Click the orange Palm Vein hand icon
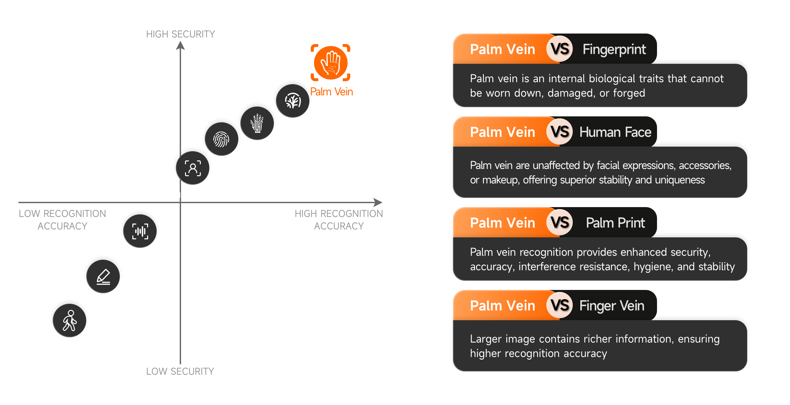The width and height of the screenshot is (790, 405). click(x=330, y=62)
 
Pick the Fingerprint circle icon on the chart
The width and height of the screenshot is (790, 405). click(x=221, y=139)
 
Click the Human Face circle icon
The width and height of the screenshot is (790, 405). click(x=193, y=168)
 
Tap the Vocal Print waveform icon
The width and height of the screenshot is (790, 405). click(x=140, y=231)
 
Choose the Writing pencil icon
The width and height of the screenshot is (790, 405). click(x=103, y=276)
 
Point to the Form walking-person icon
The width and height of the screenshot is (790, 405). click(x=69, y=321)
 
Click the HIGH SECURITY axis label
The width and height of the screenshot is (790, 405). click(x=180, y=34)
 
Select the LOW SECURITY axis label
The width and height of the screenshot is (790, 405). click(x=180, y=371)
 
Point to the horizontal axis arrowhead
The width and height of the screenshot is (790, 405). click(x=378, y=202)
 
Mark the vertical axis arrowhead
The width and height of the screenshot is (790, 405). click(x=180, y=46)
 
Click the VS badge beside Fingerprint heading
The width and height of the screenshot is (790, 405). click(x=560, y=49)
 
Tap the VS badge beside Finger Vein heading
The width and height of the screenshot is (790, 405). click(x=560, y=306)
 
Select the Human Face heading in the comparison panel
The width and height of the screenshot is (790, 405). click(x=615, y=132)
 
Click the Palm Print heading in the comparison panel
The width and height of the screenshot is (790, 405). click(x=615, y=223)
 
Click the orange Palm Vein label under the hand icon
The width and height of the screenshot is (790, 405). click(x=331, y=92)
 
